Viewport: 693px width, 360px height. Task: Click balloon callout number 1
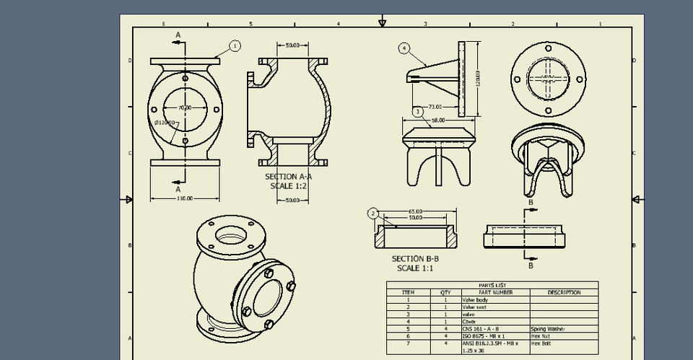pyautogui.click(x=235, y=45)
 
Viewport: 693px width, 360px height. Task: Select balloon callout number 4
pyautogui.click(x=404, y=48)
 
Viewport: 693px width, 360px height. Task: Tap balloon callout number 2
pyautogui.click(x=373, y=213)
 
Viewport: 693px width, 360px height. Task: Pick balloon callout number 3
pyautogui.click(x=417, y=111)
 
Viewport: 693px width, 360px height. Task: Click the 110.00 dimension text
pyautogui.click(x=185, y=198)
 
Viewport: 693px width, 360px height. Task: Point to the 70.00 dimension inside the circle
pyautogui.click(x=186, y=107)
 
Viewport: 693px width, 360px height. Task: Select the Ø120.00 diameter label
pyautogui.click(x=165, y=123)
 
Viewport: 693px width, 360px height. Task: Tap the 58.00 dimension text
pyautogui.click(x=437, y=120)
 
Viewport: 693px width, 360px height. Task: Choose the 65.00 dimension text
pyautogui.click(x=415, y=212)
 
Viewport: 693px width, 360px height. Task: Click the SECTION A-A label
pyautogui.click(x=289, y=176)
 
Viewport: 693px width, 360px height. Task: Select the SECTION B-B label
pyautogui.click(x=415, y=258)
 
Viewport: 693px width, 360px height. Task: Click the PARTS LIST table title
pyautogui.click(x=492, y=285)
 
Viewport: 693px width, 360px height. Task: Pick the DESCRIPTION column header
pyautogui.click(x=564, y=292)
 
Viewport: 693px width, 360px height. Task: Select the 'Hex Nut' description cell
pyautogui.click(x=541, y=335)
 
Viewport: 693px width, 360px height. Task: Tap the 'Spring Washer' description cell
pyautogui.click(x=548, y=328)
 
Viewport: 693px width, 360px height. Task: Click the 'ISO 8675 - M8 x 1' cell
pyautogui.click(x=484, y=335)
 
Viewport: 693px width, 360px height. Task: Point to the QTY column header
pyautogui.click(x=445, y=292)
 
